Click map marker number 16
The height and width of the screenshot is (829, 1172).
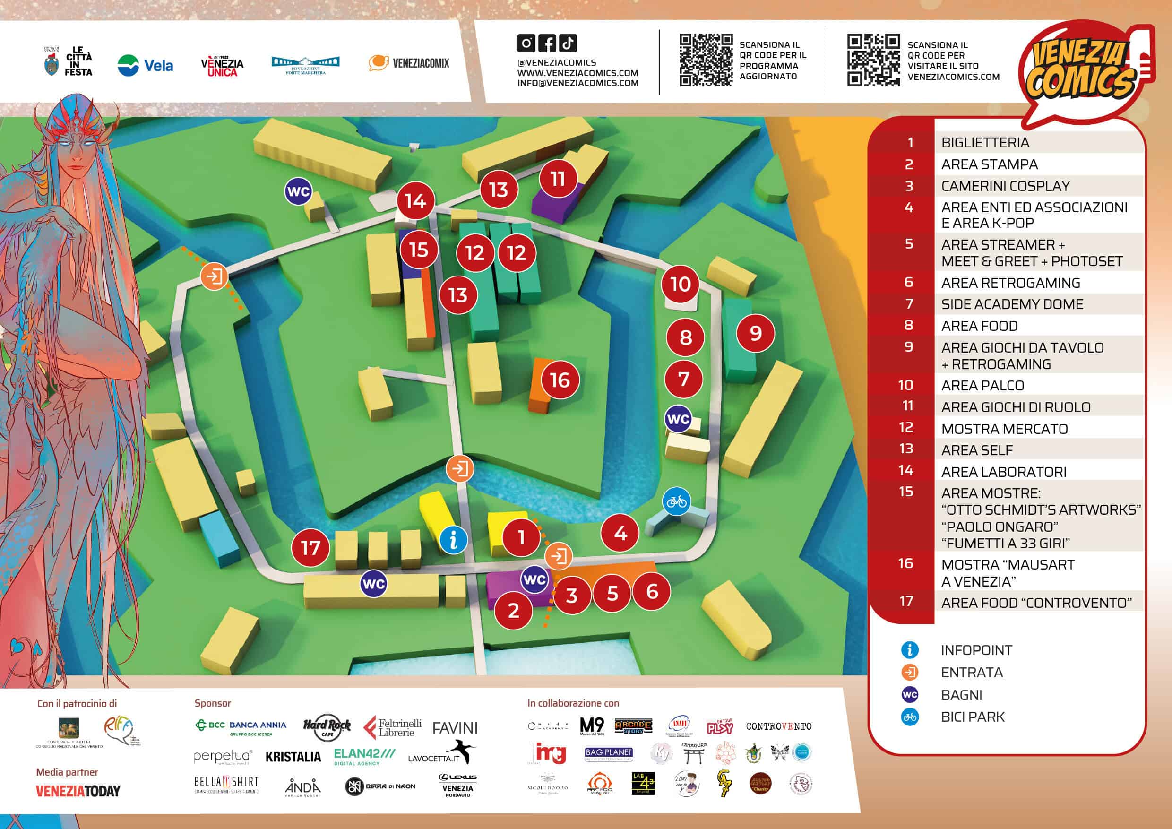point(560,380)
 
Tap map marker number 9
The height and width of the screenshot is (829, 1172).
point(756,333)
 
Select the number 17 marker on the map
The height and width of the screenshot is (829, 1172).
point(310,548)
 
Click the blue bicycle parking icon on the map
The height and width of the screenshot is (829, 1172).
point(676,502)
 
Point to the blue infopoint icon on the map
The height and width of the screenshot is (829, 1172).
point(453,539)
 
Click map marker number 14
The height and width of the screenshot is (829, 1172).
point(415,200)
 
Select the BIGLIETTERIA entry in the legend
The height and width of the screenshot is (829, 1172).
point(985,142)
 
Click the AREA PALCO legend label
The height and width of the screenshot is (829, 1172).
point(982,385)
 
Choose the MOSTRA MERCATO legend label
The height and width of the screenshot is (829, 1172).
point(1004,429)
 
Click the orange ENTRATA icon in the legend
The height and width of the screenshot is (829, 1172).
point(910,672)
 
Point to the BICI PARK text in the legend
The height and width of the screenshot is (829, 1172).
point(973,717)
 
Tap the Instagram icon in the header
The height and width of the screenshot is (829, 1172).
point(526,43)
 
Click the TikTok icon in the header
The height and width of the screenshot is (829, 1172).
point(568,43)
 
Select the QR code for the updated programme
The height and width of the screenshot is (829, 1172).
point(706,60)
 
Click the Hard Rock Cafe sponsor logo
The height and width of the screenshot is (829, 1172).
point(327,727)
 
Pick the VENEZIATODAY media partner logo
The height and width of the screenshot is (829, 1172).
point(78,791)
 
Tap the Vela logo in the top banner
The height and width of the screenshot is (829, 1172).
point(146,65)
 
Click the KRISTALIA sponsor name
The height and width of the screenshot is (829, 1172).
point(293,757)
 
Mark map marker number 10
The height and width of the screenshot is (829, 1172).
point(681,284)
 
